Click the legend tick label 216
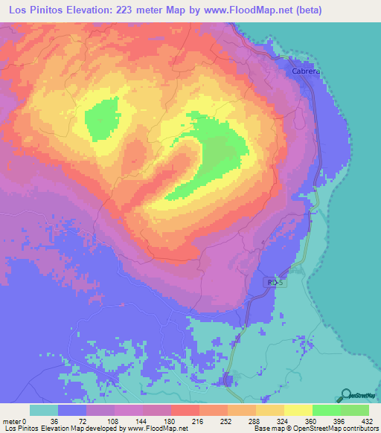tap(197, 421)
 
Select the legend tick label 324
tap(283, 421)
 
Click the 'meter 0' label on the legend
tap(16, 421)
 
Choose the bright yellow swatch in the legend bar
tap(298, 410)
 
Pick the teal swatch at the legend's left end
tap(44, 410)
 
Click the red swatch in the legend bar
tap(185, 410)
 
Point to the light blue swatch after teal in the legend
tap(72, 410)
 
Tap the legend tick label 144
tap(140, 421)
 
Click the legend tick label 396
tap(339, 421)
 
